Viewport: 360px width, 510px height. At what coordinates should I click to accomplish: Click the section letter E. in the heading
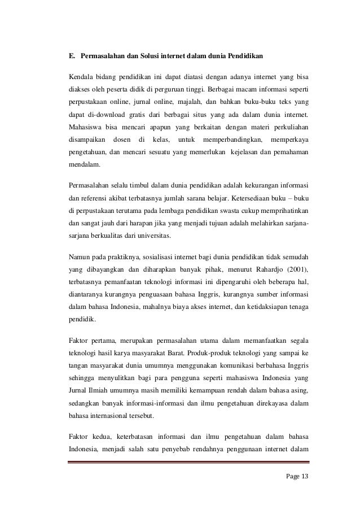(72, 56)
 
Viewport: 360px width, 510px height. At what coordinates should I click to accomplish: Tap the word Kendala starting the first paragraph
(81, 77)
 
